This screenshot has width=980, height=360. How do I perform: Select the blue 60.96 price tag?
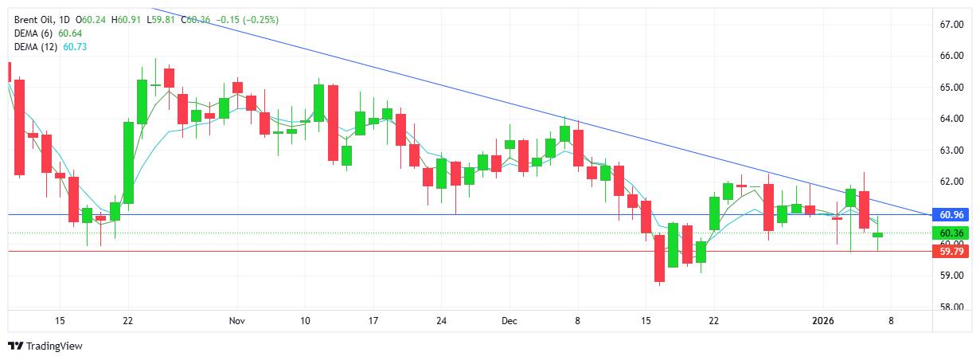952,215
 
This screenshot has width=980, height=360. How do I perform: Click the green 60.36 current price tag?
952,233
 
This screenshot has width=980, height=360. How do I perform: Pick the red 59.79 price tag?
952,251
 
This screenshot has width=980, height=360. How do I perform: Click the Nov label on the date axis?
236,321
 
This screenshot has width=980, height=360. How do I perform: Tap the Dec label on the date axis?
510,321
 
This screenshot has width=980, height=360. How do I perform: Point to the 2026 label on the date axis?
823,321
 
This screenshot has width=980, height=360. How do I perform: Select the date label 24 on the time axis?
441,321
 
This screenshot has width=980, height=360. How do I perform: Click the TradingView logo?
45,346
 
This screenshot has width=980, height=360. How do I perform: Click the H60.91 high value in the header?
127,19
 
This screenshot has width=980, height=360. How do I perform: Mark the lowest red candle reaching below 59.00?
659,258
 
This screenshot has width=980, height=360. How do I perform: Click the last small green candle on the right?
877,235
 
